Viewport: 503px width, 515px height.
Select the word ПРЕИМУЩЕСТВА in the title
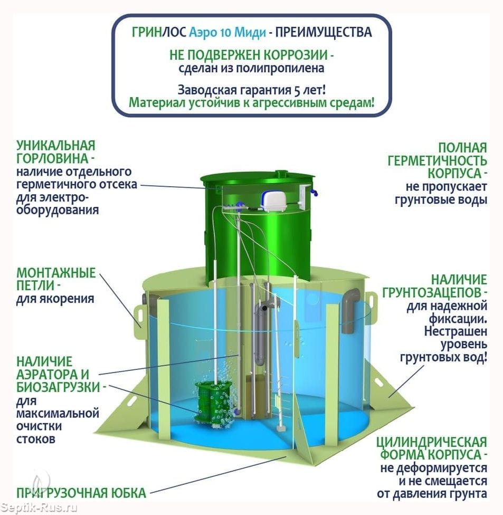click(324, 32)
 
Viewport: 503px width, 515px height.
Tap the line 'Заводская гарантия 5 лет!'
click(252, 89)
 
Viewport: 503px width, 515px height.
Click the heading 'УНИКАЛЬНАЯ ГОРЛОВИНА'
click(56, 152)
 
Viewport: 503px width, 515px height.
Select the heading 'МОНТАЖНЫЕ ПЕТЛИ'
click(56, 279)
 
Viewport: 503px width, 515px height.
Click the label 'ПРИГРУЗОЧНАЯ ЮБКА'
click(81, 493)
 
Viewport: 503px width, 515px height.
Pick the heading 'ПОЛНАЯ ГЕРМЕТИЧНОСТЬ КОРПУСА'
click(438, 160)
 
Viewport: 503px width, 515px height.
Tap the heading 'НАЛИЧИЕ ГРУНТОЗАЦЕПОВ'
click(434, 286)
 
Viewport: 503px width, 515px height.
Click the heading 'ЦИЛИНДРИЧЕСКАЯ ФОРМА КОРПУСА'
click(432, 449)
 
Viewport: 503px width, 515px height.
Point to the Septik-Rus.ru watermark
click(39, 508)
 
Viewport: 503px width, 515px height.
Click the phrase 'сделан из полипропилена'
click(251, 68)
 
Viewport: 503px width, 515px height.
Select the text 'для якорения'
click(55, 299)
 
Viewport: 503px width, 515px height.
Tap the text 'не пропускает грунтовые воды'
click(441, 193)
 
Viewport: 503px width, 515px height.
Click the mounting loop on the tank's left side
click(139, 316)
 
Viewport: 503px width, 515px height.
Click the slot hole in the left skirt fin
click(131, 402)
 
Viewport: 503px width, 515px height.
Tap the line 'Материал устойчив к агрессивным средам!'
click(251, 102)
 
